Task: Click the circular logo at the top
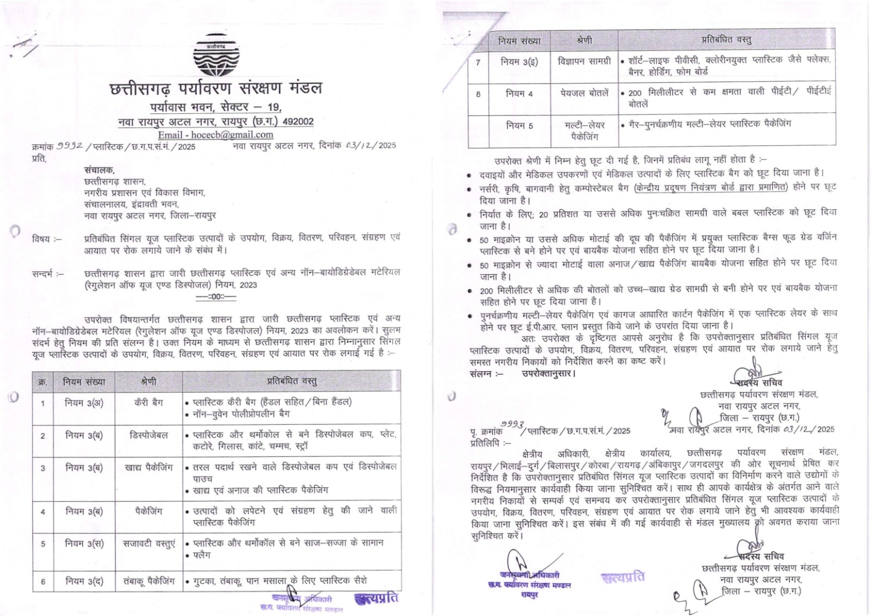pyautogui.click(x=216, y=56)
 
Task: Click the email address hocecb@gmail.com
pyautogui.click(x=216, y=135)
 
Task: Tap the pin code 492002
pyautogui.click(x=298, y=121)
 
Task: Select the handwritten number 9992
pyautogui.click(x=70, y=145)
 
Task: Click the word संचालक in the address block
pyautogui.click(x=99, y=170)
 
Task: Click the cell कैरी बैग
pyautogui.click(x=149, y=402)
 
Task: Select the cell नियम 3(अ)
pyautogui.click(x=84, y=403)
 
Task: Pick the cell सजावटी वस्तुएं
pyautogui.click(x=149, y=544)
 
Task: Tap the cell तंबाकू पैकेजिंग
pyautogui.click(x=149, y=581)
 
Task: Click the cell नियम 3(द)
pyautogui.click(x=84, y=581)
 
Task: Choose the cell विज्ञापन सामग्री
pyautogui.click(x=584, y=62)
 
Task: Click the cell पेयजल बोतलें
pyautogui.click(x=584, y=93)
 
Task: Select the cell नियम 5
pyautogui.click(x=519, y=125)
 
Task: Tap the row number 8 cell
pyautogui.click(x=478, y=94)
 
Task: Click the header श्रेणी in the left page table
pyautogui.click(x=149, y=382)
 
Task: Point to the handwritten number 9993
pyautogui.click(x=512, y=424)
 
